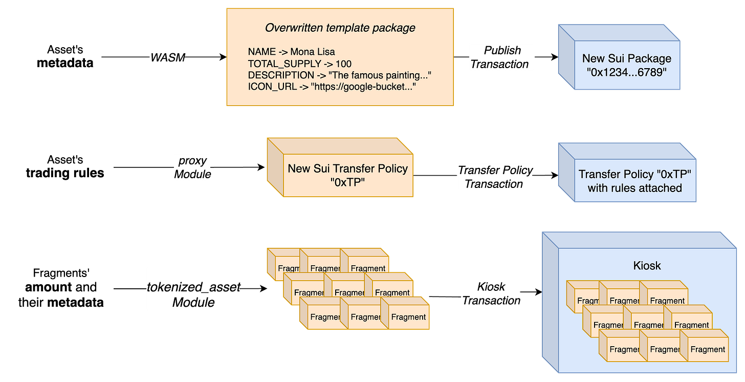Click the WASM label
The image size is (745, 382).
(x=167, y=58)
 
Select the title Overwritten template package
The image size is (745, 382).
(x=340, y=28)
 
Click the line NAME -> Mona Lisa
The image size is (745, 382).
(x=291, y=52)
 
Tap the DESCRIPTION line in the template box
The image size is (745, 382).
(x=340, y=75)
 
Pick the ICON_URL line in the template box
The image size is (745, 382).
(x=331, y=87)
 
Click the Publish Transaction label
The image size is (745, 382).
(x=502, y=57)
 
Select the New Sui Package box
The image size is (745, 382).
(x=626, y=65)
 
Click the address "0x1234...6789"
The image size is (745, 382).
(x=626, y=72)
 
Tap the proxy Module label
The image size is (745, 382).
(x=192, y=167)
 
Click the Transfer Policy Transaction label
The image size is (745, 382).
(x=495, y=177)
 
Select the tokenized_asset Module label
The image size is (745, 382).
(x=193, y=295)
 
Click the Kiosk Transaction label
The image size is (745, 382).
(x=491, y=293)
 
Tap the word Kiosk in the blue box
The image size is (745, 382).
(x=647, y=265)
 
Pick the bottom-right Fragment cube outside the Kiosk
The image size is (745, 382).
(x=408, y=316)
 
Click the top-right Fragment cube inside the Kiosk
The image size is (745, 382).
(x=667, y=300)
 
